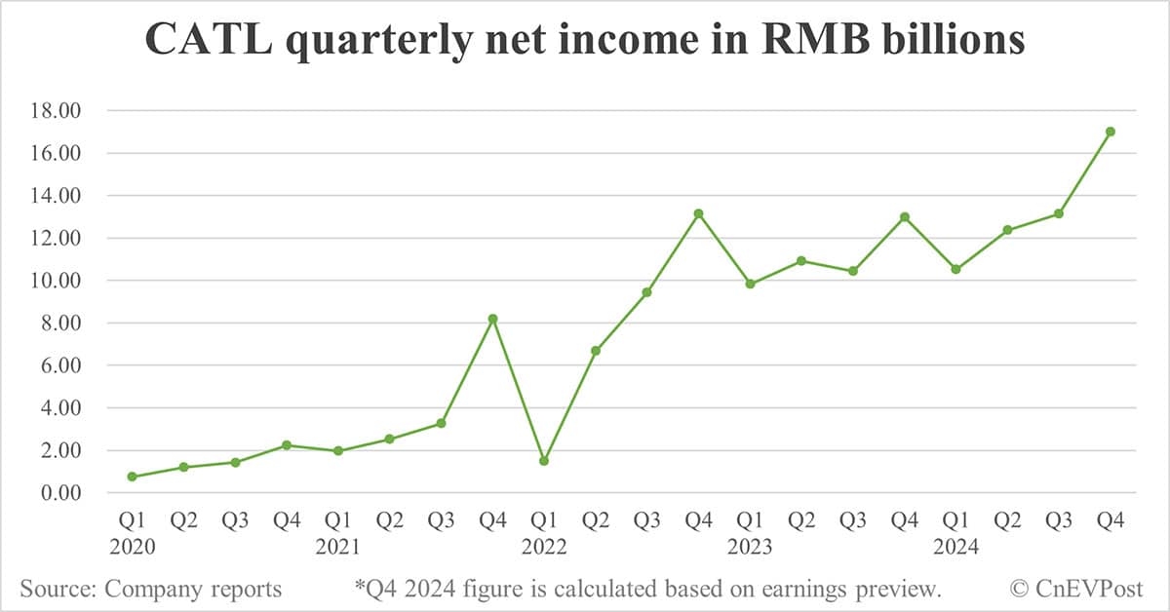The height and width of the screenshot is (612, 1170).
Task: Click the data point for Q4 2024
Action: tap(1111, 132)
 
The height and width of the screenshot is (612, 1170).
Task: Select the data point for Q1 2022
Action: tap(544, 461)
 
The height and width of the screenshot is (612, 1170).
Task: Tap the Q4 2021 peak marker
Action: tap(492, 319)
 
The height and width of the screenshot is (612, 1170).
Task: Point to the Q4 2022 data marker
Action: tap(698, 213)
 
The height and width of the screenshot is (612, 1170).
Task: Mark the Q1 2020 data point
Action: tap(133, 477)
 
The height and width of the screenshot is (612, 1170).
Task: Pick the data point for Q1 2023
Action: tap(750, 285)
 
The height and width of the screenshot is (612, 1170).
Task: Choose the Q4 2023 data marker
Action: tap(905, 217)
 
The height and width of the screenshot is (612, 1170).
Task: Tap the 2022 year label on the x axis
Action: tap(544, 548)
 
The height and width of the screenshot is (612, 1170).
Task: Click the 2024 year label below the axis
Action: tap(956, 548)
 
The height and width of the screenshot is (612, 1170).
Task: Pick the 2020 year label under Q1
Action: tap(133, 548)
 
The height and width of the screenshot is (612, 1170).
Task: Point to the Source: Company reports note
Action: tap(151, 589)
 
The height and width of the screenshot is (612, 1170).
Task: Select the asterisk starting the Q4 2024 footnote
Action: tap(359, 587)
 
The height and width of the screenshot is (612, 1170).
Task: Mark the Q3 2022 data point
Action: tap(646, 292)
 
